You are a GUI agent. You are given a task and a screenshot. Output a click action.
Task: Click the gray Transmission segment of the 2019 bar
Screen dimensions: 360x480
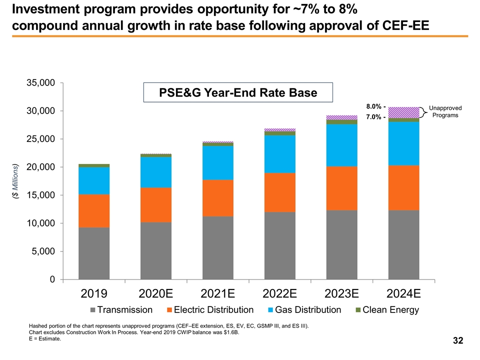coord(94,253)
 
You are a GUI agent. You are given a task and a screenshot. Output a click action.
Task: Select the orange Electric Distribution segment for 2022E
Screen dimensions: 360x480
coord(279,192)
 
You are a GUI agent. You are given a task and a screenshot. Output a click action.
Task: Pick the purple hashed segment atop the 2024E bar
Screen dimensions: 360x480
coord(403,112)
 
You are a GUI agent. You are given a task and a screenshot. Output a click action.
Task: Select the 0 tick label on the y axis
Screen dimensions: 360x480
coord(52,279)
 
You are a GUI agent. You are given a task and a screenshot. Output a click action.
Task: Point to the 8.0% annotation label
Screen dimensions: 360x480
coord(376,106)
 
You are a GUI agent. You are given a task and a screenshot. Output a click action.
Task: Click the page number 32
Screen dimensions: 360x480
coord(457,341)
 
